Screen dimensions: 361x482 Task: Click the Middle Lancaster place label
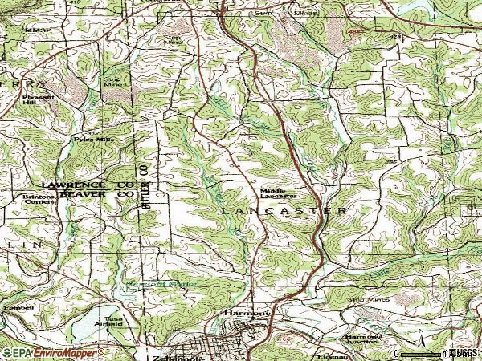pyautogui.click(x=279, y=192)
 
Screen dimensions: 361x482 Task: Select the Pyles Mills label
pyautogui.click(x=90, y=139)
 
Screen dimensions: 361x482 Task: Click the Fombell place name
pyautogui.click(x=18, y=307)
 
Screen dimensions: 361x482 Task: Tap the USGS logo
pyautogui.click(x=464, y=352)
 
